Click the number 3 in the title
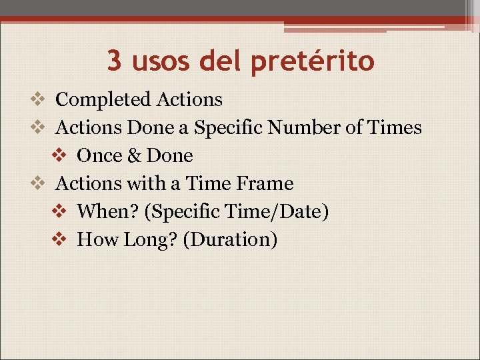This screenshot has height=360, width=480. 115,61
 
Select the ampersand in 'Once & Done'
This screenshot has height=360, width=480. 134,156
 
